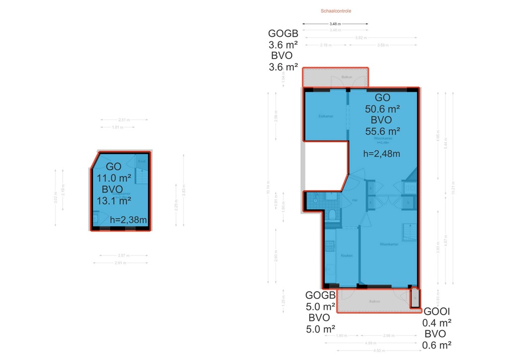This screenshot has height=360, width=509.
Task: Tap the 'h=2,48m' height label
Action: click(x=382, y=153)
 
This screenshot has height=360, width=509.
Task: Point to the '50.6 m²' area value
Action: click(x=383, y=108)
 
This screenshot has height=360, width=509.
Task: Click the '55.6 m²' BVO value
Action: click(x=383, y=131)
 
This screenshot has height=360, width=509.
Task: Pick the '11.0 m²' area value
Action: click(x=114, y=178)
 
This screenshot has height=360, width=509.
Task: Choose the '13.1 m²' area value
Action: click(x=114, y=200)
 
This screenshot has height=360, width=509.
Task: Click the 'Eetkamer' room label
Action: click(x=326, y=116)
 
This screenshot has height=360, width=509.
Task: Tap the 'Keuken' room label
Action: click(x=346, y=256)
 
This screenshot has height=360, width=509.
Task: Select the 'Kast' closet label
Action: click(x=142, y=161)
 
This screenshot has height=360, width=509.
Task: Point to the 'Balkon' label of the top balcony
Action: click(x=347, y=77)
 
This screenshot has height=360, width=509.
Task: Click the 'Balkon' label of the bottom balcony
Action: click(x=374, y=301)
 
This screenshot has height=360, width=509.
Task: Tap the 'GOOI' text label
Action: click(x=437, y=312)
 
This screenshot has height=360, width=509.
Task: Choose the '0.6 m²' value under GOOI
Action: click(x=437, y=345)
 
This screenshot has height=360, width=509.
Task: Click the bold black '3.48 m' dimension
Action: click(x=336, y=23)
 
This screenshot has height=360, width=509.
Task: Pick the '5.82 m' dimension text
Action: click(x=361, y=37)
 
